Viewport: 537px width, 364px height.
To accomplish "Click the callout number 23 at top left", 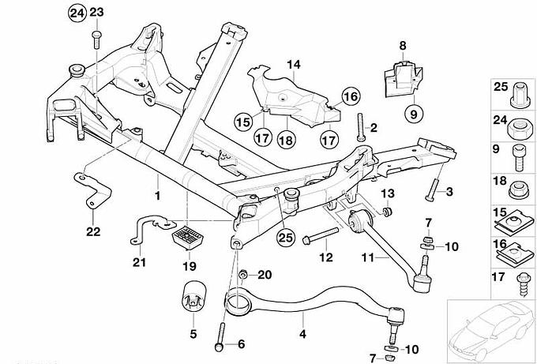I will coord(97,12).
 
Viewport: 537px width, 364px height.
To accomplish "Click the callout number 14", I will coord(294,64).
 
